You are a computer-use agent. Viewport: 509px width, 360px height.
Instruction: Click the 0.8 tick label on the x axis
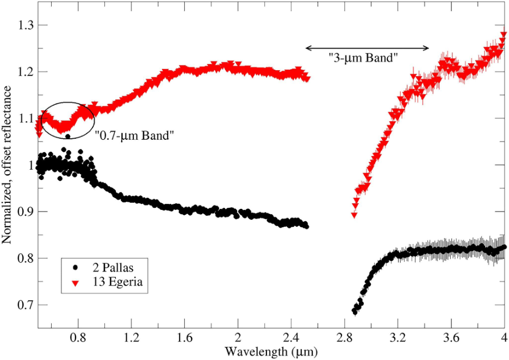(x=78, y=337)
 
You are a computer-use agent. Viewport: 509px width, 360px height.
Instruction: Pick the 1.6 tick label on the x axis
(x=184, y=337)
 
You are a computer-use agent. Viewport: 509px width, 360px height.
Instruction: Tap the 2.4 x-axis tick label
(x=291, y=337)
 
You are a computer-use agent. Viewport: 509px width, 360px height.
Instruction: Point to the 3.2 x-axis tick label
(x=398, y=337)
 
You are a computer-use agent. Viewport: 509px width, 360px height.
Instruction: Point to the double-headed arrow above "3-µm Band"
(x=367, y=48)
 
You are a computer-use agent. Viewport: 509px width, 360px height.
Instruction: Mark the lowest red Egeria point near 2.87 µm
(x=354, y=215)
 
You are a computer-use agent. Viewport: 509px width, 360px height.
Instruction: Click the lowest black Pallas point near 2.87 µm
(x=355, y=312)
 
